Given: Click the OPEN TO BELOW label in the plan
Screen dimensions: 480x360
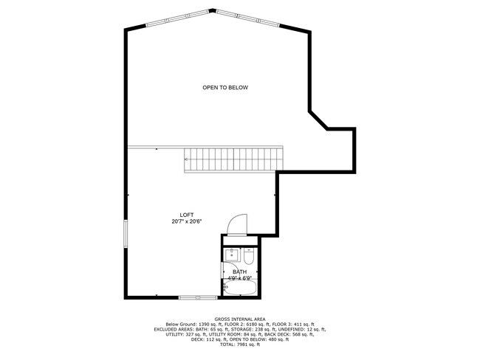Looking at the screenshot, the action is click(225, 88).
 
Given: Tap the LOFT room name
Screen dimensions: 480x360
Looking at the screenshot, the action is click(186, 215).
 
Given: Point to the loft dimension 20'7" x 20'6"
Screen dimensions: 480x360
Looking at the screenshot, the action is click(186, 221).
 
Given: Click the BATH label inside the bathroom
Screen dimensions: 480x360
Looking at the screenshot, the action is click(240, 272).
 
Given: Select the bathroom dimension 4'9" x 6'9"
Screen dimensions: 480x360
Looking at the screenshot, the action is click(240, 278).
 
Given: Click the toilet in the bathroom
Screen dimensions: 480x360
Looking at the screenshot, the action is click(249, 256).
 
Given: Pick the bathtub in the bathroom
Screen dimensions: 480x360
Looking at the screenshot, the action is click(240, 288).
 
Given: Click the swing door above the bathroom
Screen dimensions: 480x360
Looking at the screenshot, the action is click(238, 225).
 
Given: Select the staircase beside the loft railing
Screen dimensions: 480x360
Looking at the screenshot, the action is click(233, 160).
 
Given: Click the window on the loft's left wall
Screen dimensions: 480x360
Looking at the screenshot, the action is click(126, 233).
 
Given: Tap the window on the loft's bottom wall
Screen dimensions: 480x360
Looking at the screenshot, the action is click(198, 297).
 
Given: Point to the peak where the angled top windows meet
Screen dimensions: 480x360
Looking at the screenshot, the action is click(213, 10).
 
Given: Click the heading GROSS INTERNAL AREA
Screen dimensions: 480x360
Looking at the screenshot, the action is click(240, 319).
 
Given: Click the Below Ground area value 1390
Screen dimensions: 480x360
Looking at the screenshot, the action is click(205, 324).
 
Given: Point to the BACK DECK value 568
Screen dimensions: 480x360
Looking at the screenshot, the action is click(293, 335).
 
